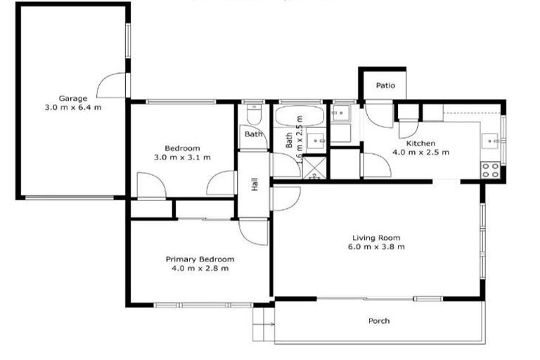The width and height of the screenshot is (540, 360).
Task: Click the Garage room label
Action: click(72, 98)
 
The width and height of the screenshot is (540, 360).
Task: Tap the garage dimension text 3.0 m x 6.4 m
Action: click(72, 108)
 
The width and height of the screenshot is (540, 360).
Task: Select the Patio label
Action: click(385, 86)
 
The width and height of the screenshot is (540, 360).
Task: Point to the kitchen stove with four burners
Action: click(490, 169)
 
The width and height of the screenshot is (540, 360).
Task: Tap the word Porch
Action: click(379, 321)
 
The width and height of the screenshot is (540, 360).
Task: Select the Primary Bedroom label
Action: click(200, 259)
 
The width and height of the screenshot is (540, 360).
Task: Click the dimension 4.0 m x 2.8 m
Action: click(200, 269)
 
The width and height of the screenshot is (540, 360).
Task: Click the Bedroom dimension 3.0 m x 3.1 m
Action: click(182, 157)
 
